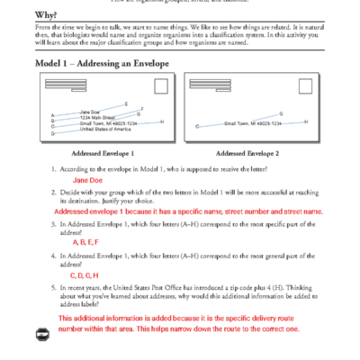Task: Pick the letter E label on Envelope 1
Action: click(126, 103)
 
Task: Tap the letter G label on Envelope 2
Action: click(282, 113)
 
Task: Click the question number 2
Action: click(53, 193)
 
